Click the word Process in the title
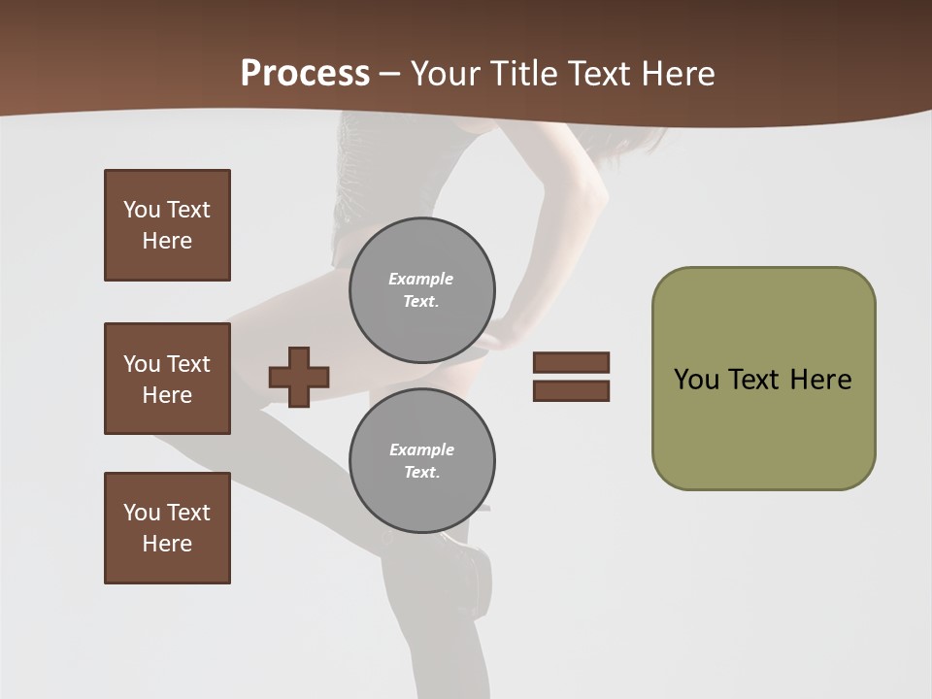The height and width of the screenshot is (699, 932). point(305,73)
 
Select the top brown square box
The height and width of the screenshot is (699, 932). point(167,225)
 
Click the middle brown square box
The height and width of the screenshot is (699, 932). point(167,379)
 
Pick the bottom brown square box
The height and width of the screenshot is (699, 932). point(167,528)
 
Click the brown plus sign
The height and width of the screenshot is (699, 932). point(299,377)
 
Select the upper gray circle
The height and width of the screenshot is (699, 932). point(421,290)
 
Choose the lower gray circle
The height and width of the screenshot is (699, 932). point(421,461)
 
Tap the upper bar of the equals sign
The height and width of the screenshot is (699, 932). point(571,362)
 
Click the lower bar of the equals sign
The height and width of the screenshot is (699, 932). point(571,390)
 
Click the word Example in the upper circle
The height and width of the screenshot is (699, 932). point(420,279)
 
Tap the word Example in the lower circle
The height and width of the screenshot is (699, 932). point(421,449)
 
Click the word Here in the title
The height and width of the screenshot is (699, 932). point(679,73)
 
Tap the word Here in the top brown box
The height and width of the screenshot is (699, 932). point(167,241)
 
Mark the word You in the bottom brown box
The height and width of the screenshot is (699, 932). point(142,513)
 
